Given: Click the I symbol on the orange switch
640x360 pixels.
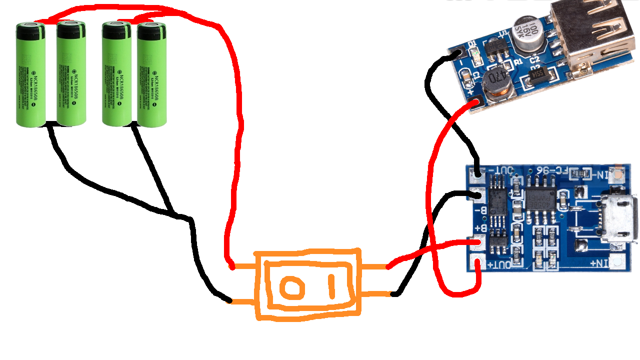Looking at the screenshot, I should coord(331,285).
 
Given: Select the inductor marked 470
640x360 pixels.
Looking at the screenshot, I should coord(498,82).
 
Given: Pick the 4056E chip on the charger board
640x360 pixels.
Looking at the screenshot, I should coord(539,200).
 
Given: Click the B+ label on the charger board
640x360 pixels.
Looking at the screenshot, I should coord(480,229).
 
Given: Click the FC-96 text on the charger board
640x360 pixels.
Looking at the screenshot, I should coord(550,171).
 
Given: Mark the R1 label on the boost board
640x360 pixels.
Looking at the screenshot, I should coord(518,61).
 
